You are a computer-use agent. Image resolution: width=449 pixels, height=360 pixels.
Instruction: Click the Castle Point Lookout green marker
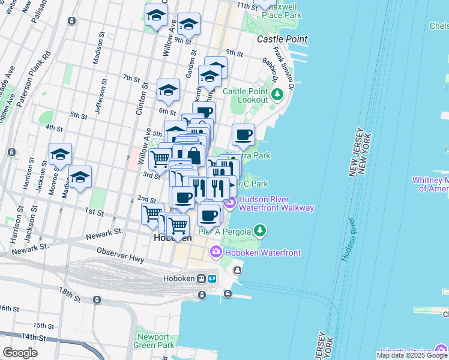tap(277, 94)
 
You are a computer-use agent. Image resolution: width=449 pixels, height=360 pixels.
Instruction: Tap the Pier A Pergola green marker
tap(259, 230)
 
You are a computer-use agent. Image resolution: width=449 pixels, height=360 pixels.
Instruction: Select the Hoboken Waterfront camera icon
tap(215, 253)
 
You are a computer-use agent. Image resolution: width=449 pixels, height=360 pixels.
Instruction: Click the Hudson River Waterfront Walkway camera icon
tap(231, 203)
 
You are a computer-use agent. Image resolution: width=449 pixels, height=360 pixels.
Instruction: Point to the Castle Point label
tap(282, 39)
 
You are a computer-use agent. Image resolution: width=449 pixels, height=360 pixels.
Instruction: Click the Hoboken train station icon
tap(212, 279)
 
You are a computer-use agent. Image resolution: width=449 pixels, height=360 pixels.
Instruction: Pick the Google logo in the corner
tap(20, 353)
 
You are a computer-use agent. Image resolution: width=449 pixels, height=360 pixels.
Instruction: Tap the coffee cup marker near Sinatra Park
tap(243, 136)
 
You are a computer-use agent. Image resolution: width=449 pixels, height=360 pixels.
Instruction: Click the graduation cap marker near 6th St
tap(168, 91)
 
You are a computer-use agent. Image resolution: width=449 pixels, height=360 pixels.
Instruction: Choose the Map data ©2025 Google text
tap(412, 355)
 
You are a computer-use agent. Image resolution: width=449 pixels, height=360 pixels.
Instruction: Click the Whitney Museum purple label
tap(430, 184)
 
